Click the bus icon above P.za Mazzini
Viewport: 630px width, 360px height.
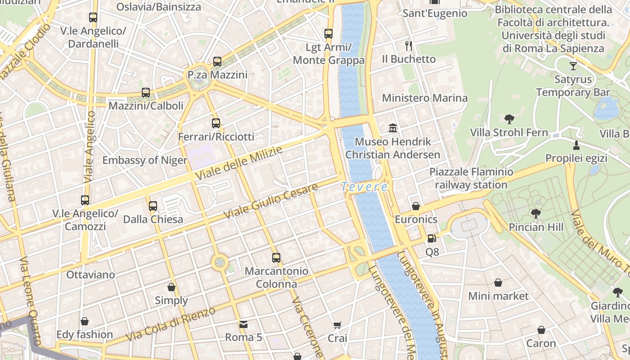coord(217,62)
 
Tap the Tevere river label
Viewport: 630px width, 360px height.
coord(364,187)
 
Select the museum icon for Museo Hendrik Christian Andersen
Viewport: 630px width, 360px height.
coord(393,128)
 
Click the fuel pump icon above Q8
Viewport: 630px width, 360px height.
coord(432,238)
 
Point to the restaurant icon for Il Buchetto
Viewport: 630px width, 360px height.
coord(409,45)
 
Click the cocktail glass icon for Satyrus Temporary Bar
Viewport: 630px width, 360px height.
coord(573,66)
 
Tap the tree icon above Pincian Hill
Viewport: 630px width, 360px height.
coord(535,214)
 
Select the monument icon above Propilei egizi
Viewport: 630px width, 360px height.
coord(576,145)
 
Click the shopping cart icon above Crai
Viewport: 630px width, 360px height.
coord(337,325)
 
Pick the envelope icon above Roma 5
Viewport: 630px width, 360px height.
coord(243,324)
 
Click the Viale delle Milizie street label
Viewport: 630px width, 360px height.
coord(239,163)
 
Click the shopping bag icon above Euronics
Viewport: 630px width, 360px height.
coord(416,206)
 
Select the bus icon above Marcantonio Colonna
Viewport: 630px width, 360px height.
coord(276,258)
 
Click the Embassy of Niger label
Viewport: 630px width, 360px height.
coord(145,160)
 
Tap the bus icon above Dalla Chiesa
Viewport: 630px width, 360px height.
coord(153,206)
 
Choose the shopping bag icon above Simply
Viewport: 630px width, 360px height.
coord(171,287)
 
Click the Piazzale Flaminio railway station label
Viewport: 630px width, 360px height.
coord(471,178)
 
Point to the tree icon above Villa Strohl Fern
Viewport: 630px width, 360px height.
coord(509,119)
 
